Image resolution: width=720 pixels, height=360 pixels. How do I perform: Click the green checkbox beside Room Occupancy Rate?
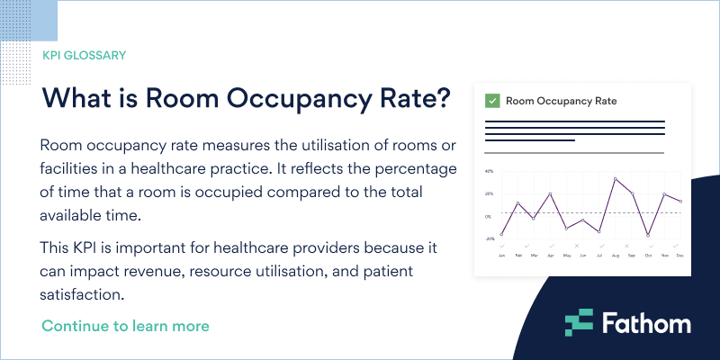click(x=491, y=101)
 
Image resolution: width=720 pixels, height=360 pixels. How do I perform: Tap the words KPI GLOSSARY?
click(x=84, y=55)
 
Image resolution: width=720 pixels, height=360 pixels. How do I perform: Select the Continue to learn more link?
click(x=125, y=325)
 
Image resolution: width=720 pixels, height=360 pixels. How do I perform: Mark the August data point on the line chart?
click(x=616, y=178)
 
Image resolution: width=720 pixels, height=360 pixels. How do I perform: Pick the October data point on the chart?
click(x=648, y=236)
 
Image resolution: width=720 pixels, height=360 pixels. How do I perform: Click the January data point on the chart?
click(x=501, y=235)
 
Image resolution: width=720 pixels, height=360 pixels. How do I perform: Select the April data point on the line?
click(x=551, y=193)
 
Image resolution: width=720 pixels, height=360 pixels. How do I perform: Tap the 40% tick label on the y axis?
click(x=489, y=171)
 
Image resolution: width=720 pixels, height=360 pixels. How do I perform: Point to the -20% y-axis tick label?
click(x=489, y=239)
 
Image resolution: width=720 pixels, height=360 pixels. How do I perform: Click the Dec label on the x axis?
click(x=680, y=256)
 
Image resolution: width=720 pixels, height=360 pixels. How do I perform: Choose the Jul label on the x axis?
click(x=599, y=256)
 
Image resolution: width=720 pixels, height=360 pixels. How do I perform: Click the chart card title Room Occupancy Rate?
click(x=561, y=101)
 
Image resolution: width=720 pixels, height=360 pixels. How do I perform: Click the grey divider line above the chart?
click(x=574, y=153)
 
